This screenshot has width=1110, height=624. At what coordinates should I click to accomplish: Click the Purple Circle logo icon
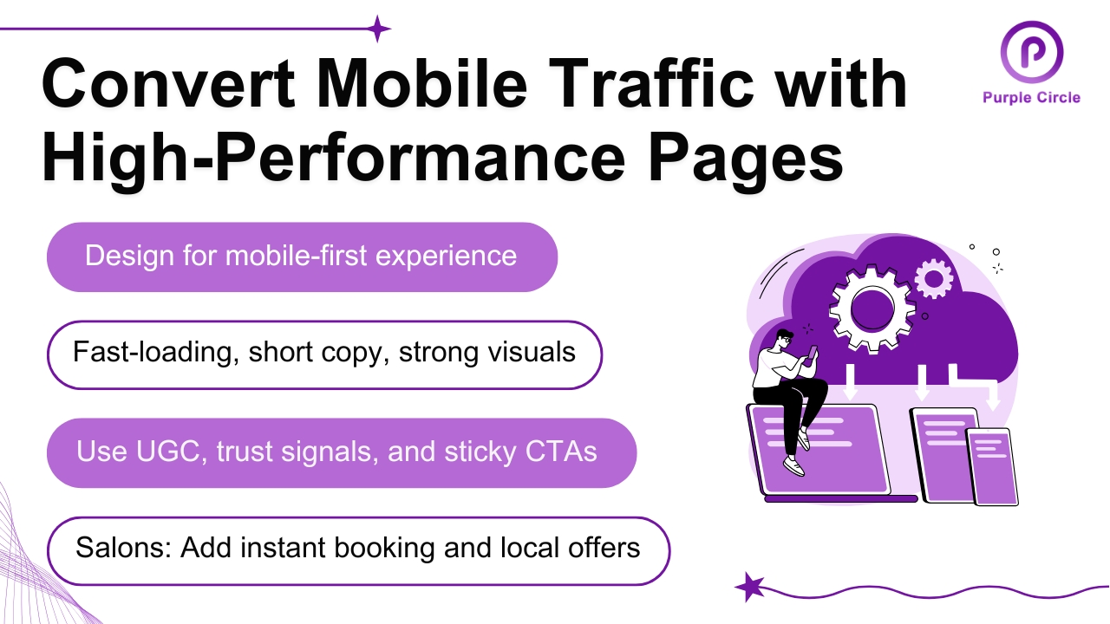[x=1031, y=51]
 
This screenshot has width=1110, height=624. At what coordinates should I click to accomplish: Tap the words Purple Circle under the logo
[x=1031, y=97]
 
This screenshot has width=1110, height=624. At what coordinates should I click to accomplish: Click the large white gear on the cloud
[x=867, y=308]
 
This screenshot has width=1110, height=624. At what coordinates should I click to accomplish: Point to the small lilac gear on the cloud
[x=933, y=278]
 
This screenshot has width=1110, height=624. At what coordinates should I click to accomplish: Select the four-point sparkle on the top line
[x=378, y=29]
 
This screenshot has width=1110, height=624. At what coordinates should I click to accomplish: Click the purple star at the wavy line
[x=749, y=587]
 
